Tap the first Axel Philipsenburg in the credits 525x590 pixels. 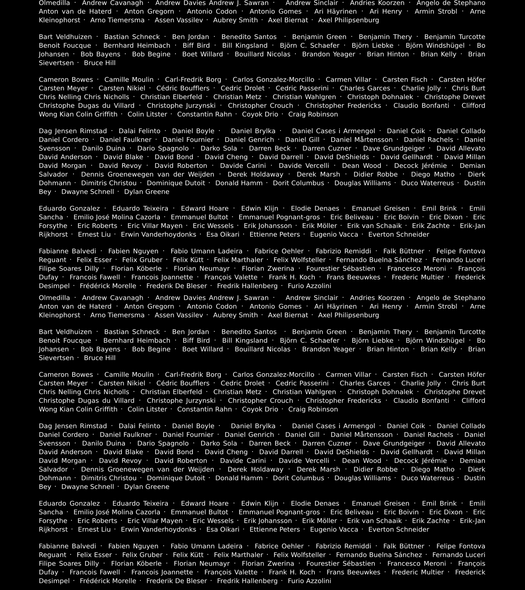click(348, 20)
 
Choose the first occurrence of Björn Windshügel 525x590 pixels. click(435, 46)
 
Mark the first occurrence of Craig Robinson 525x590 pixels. click(313, 114)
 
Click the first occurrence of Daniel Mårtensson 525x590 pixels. click(361, 140)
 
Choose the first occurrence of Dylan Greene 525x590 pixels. click(147, 192)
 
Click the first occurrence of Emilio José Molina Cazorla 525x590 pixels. click(117, 217)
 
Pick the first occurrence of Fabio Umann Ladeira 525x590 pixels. click(206, 251)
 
